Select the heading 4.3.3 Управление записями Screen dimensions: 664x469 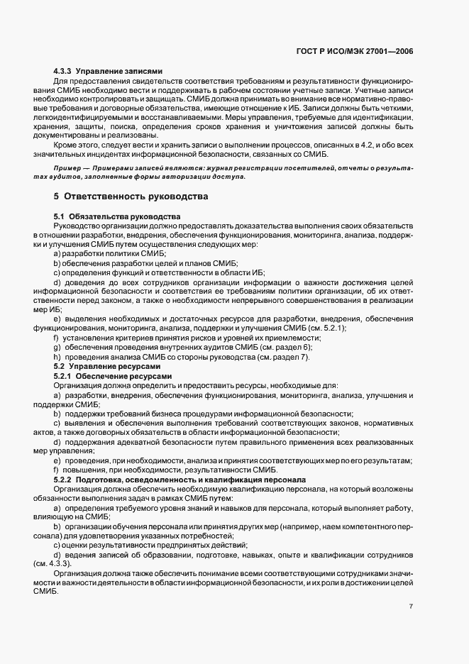(109, 71)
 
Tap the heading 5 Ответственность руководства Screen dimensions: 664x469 (131, 196)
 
